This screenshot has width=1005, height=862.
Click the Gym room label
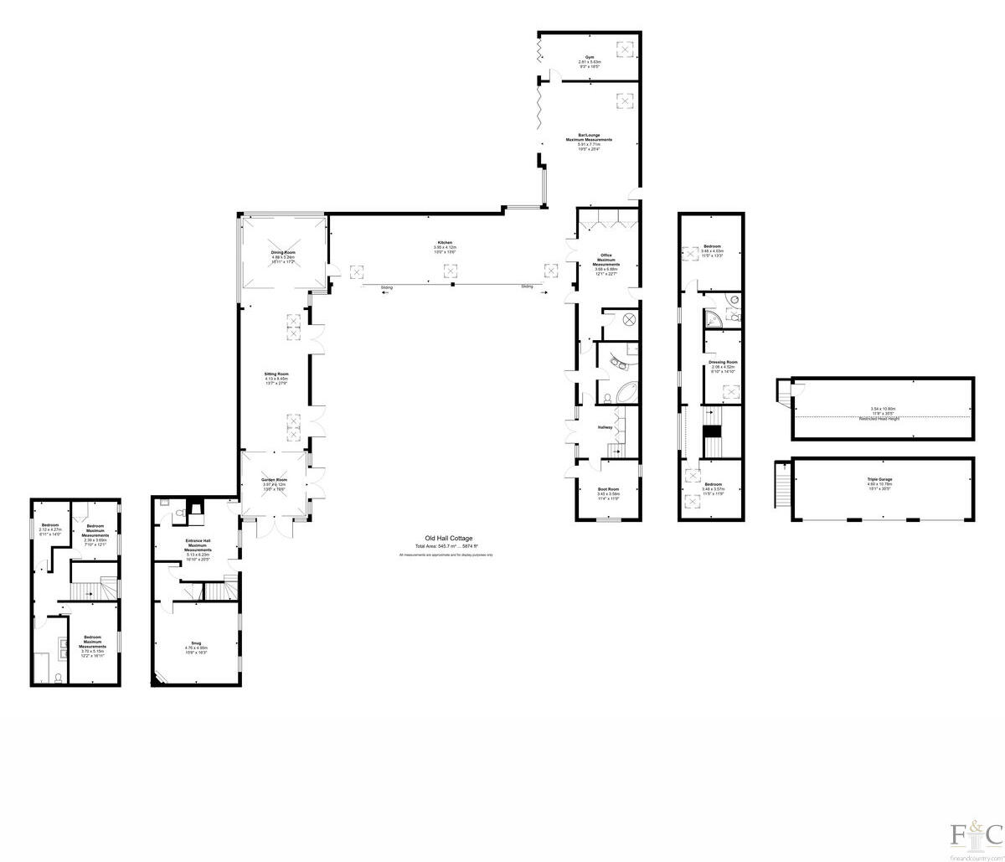pos(590,56)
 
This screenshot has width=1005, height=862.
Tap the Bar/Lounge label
pos(589,135)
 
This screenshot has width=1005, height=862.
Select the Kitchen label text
pos(444,243)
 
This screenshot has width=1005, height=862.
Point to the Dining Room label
pos(283,252)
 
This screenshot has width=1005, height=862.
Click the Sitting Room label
pos(276,374)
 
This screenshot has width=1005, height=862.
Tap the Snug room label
pos(196,643)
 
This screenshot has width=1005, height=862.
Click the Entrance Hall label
pos(198,542)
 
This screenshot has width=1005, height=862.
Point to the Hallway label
pos(605,428)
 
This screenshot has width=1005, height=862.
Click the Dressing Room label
pos(723,362)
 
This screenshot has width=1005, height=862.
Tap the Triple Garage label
pos(879,479)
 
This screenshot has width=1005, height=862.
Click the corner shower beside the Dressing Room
pos(714,317)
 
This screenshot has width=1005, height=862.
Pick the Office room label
pos(606,256)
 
